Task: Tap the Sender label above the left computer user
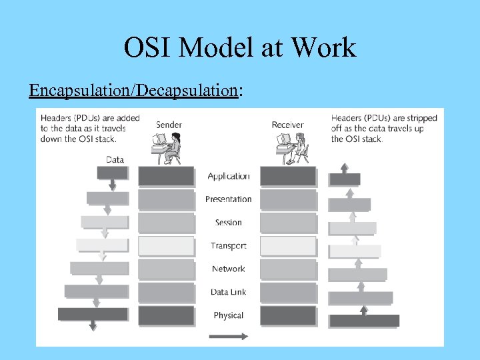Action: point(169,125)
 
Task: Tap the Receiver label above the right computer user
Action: point(287,125)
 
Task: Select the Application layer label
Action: point(229,176)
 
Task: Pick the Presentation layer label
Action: point(229,199)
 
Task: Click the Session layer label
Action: point(229,223)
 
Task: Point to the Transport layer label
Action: point(229,246)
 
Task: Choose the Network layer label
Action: point(229,269)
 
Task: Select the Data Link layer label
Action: point(229,292)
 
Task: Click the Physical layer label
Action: point(229,315)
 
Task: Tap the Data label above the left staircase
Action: point(115,159)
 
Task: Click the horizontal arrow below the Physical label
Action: point(229,335)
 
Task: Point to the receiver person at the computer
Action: point(300,147)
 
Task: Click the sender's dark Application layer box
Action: point(166,176)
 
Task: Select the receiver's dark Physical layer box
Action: point(288,315)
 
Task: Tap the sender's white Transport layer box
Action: point(166,246)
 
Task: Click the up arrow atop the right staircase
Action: point(344,167)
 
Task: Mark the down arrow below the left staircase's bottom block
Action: point(93,325)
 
